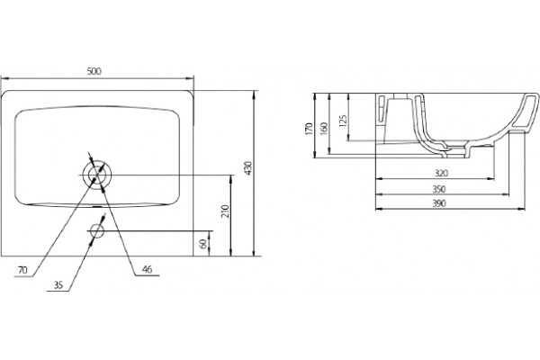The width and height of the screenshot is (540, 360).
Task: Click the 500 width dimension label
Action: pos(94,71)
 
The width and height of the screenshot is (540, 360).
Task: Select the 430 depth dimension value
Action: pos(248,168)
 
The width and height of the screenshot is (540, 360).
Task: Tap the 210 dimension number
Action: pos(225,211)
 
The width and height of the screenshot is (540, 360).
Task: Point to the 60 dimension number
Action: pos(203,244)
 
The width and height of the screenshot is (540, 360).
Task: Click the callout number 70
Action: pos(22,270)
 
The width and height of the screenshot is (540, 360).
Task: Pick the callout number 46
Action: pos(147,269)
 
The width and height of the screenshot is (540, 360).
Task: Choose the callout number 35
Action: pos(58,285)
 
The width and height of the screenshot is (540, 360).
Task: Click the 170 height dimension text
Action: pos(309,129)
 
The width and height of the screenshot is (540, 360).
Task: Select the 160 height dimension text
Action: pos(324,129)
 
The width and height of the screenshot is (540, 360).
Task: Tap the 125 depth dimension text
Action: pos(343,121)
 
